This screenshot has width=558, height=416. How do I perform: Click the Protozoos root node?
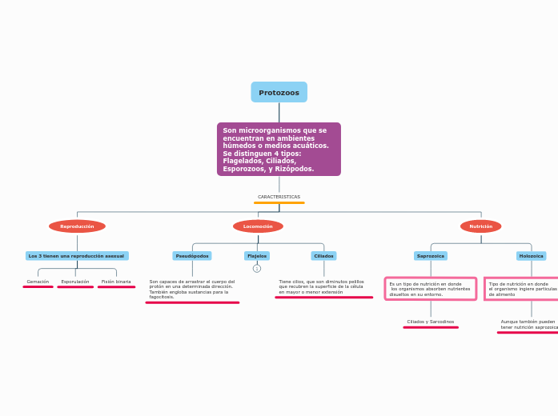click(x=279, y=92)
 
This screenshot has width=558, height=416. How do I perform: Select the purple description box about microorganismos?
click(x=279, y=149)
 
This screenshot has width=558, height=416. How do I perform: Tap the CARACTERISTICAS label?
click(x=279, y=196)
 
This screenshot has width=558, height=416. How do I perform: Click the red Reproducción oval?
click(x=77, y=226)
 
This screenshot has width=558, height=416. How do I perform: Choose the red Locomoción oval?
click(x=258, y=226)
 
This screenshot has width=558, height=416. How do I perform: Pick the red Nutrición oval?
click(x=480, y=226)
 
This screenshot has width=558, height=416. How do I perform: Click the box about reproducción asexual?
click(x=77, y=256)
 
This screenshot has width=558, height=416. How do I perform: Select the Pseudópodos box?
click(x=192, y=256)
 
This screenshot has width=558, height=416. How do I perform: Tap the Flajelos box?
click(x=257, y=256)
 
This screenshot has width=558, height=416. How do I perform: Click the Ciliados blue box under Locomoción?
click(x=323, y=256)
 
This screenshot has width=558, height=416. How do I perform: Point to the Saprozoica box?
click(x=431, y=256)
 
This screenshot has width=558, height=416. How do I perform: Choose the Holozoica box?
click(x=531, y=256)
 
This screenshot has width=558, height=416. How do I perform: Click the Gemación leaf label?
click(x=38, y=282)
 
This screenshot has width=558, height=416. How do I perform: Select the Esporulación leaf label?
click(x=75, y=282)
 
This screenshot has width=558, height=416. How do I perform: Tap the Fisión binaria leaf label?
click(x=116, y=282)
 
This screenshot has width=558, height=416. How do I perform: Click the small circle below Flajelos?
click(x=257, y=269)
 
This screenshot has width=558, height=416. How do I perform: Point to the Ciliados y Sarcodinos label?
click(x=431, y=322)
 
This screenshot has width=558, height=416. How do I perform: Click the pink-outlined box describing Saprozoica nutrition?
click(x=431, y=289)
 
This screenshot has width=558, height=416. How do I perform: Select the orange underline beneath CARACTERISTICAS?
click(x=279, y=203)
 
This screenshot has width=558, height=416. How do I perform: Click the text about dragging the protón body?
click(x=192, y=289)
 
